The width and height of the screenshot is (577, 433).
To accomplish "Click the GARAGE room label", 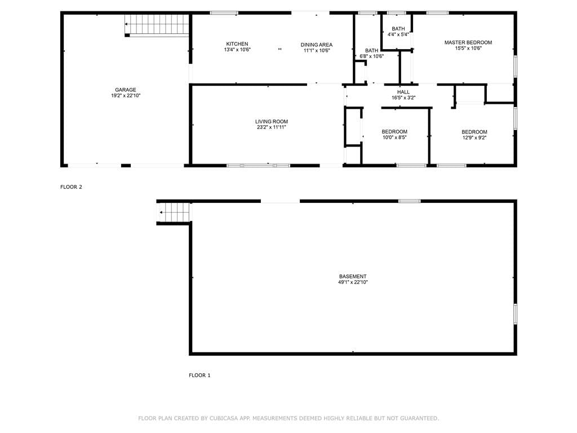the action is pyautogui.click(x=126, y=90).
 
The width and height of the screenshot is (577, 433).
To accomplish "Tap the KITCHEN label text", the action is pyautogui.click(x=237, y=44).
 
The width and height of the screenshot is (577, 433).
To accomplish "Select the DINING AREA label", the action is pyautogui.click(x=317, y=45).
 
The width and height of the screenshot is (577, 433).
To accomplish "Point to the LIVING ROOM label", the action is pyautogui.click(x=272, y=122).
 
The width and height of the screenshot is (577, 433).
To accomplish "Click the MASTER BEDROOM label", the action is pyautogui.click(x=468, y=42).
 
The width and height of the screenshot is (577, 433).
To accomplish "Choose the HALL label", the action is pyautogui.click(x=403, y=92).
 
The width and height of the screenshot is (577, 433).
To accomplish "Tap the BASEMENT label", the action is pyautogui.click(x=353, y=276).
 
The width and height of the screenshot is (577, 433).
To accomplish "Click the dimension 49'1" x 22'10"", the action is pyautogui.click(x=353, y=282).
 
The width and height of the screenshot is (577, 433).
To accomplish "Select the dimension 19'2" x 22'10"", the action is pyautogui.click(x=126, y=96).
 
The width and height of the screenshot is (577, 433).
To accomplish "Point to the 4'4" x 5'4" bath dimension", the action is pyautogui.click(x=398, y=34).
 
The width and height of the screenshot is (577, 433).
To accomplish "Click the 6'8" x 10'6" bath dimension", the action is pyautogui.click(x=372, y=56).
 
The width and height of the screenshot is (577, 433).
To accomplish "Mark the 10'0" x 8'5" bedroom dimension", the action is pyautogui.click(x=394, y=138).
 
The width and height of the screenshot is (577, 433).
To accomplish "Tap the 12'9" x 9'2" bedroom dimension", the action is pyautogui.click(x=474, y=138).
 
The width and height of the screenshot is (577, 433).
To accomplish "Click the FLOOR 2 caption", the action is pyautogui.click(x=71, y=187).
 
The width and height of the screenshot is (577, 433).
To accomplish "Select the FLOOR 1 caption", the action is pyautogui.click(x=199, y=375).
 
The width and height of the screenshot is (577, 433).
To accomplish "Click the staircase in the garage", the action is pyautogui.click(x=157, y=25).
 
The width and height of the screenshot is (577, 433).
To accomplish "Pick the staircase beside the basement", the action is pyautogui.click(x=174, y=213).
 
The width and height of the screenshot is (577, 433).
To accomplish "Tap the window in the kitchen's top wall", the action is pyautogui.click(x=224, y=13).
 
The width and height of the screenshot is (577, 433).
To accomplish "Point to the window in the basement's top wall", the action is pyautogui.click(x=410, y=201).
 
